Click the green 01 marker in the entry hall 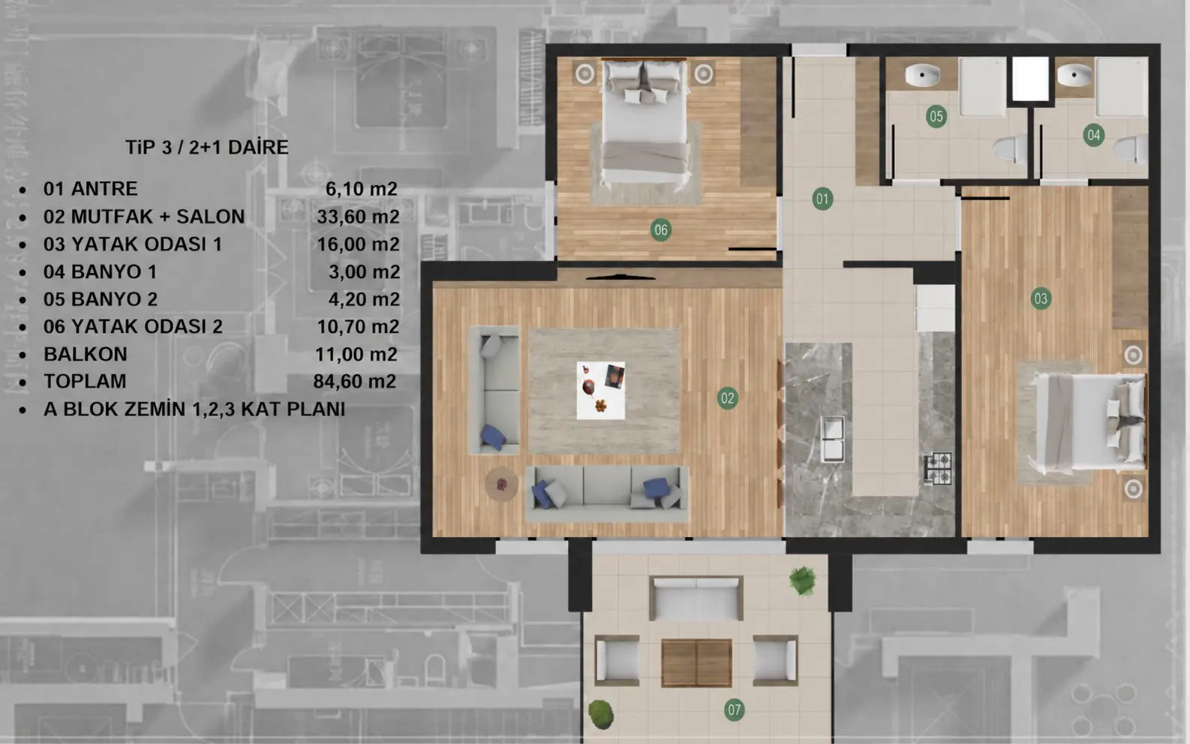tap(822, 199)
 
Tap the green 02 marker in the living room tap(727, 398)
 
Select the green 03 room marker tap(1040, 299)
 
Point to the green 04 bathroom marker tap(1093, 136)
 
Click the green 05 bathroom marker tap(936, 116)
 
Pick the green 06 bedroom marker tap(660, 230)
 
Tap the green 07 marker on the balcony tap(734, 710)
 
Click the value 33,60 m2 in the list tap(358, 217)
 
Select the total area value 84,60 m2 tap(355, 381)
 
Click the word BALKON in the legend tap(86, 354)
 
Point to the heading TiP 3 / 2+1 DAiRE tap(206, 147)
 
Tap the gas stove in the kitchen tap(938, 469)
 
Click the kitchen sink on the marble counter tap(832, 439)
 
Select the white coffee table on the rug tap(601, 391)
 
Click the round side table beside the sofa tap(501, 484)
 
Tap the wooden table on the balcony tap(696, 663)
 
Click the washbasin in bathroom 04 tap(1074, 76)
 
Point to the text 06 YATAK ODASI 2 tap(133, 326)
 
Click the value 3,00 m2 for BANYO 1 tap(364, 272)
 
